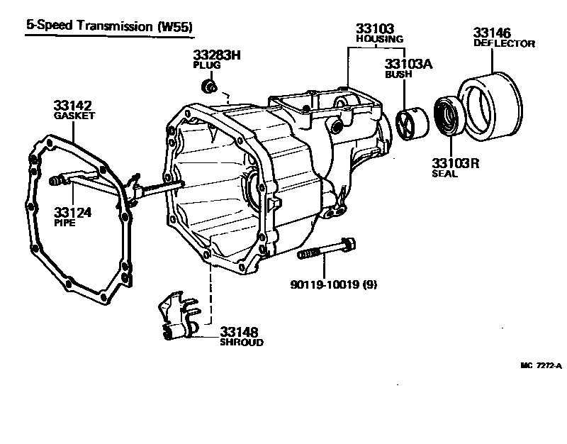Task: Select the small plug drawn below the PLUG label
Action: tap(208, 87)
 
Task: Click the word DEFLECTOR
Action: tap(503, 43)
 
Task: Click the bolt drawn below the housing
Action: tap(326, 250)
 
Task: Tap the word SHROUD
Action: tap(241, 342)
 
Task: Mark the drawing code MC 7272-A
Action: tap(541, 366)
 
